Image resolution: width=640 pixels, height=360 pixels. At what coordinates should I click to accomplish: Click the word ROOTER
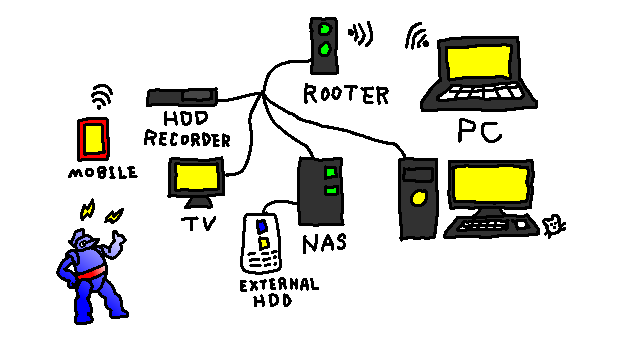pos(346,94)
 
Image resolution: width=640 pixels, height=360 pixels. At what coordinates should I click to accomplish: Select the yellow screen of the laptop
pos(479,62)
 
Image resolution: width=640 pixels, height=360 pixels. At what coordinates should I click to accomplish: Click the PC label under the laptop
pos(479,131)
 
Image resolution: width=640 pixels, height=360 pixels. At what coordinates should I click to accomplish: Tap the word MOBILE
pos(103,173)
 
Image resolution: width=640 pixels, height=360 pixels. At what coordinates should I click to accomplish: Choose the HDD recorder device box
pos(182,97)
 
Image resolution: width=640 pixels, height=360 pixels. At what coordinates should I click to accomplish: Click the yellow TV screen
pos(197,177)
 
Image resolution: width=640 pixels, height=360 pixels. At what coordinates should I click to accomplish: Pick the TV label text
pos(199,223)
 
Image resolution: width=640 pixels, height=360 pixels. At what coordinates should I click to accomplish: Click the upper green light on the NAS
pos(330,173)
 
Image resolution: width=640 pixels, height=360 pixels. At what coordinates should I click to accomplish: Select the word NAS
pos(324,243)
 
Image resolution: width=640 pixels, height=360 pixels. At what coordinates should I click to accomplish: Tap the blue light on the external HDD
pos(262,226)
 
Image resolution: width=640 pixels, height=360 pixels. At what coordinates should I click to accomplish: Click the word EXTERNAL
pos(279,285)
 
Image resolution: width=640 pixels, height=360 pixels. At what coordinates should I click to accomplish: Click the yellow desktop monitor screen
pos(490,184)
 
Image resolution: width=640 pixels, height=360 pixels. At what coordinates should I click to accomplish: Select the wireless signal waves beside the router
pos(361,33)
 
